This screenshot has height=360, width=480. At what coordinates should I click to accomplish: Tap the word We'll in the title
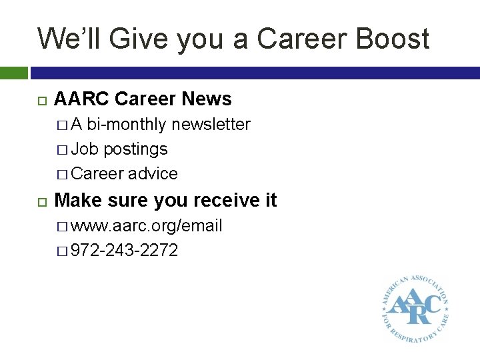point(68,39)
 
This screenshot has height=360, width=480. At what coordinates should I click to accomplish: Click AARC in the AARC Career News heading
point(81,99)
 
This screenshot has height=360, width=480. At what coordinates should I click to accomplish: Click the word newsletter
point(211,125)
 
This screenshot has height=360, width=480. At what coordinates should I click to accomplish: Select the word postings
point(135,149)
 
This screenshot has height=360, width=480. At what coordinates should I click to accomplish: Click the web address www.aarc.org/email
point(146,226)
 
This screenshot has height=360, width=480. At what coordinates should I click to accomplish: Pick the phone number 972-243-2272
point(124,251)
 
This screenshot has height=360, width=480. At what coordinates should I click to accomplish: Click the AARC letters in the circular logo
point(414,305)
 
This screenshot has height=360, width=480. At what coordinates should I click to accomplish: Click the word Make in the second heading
point(77,200)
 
